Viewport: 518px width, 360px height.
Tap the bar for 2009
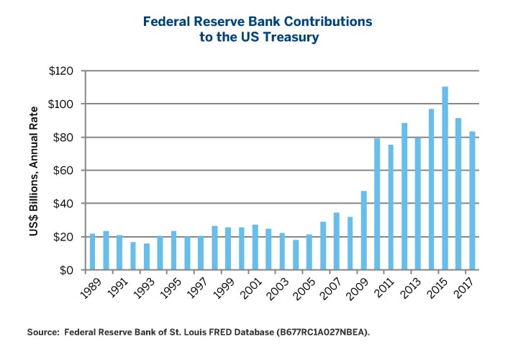(x=363, y=230)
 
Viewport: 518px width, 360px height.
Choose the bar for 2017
(x=472, y=201)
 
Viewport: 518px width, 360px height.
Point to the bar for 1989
(x=92, y=252)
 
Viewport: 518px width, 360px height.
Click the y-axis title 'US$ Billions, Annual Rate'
(x=35, y=171)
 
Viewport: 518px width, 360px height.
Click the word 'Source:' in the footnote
(x=42, y=333)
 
